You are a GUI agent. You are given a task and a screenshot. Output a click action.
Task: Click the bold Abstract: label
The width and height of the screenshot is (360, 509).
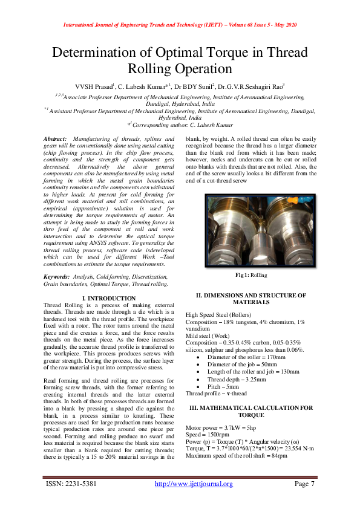click(x=56, y=139)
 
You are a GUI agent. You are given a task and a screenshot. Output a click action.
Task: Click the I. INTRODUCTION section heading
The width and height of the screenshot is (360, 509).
click(x=108, y=299)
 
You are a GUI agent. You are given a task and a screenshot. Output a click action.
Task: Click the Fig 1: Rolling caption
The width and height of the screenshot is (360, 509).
click(x=250, y=275)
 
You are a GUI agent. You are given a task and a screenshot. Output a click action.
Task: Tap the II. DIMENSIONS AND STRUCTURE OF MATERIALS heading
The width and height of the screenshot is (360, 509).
click(x=250, y=298)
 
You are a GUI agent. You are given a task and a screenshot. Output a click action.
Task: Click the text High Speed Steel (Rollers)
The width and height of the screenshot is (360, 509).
click(x=221, y=315)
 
